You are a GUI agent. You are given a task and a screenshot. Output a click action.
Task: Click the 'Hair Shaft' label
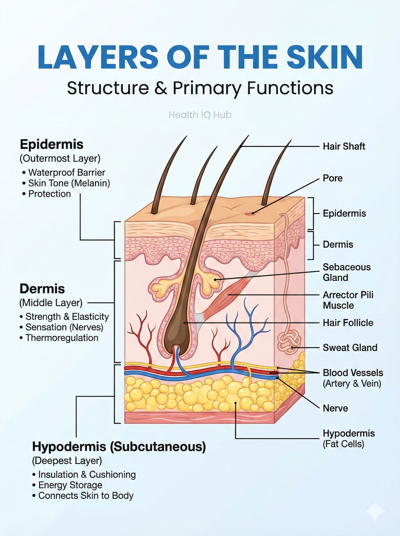pyautogui.click(x=344, y=146)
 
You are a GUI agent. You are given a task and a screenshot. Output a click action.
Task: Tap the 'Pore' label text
pyautogui.click(x=333, y=178)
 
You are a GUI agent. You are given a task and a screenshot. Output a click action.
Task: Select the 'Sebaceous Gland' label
pyautogui.click(x=347, y=272)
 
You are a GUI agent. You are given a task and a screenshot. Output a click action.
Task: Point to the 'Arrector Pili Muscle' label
pyautogui.click(x=348, y=300)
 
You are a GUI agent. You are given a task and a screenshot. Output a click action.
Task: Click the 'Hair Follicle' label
pyautogui.click(x=348, y=323)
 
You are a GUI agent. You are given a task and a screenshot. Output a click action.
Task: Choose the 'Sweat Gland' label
pyautogui.click(x=350, y=348)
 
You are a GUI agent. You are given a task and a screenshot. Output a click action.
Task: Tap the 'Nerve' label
pyautogui.click(x=335, y=408)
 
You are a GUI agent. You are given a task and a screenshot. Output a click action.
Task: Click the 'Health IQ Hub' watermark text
pyautogui.click(x=200, y=115)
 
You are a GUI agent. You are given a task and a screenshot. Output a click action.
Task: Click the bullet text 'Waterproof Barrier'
pyautogui.click(x=67, y=172)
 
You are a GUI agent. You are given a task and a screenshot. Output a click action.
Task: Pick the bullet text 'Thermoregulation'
pyautogui.click(x=62, y=338)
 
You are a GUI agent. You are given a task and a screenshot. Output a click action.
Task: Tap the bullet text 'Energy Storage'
pyautogui.click(x=70, y=485)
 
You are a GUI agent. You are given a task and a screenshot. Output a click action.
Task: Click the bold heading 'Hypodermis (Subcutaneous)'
pyautogui.click(x=119, y=447)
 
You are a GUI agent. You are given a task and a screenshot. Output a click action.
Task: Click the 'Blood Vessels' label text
pyautogui.click(x=353, y=373)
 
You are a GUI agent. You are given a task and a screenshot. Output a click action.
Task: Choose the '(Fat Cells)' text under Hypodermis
pyautogui.click(x=343, y=444)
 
